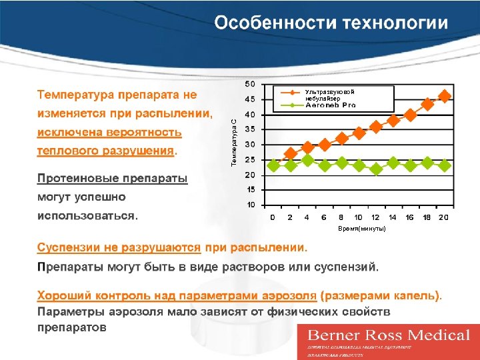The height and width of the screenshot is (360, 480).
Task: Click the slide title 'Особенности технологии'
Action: tap(331, 23)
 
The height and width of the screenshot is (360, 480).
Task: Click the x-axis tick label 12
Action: tap(375, 217)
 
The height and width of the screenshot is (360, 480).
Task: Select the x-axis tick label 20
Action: tap(444, 217)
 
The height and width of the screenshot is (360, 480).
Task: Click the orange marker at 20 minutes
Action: tap(445, 96)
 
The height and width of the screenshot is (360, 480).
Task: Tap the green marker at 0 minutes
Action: tap(273, 165)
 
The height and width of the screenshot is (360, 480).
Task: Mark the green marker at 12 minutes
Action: tap(376, 169)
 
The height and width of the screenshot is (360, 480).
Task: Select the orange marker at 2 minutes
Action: tap(291, 153)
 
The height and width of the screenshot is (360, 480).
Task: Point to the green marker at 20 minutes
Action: tap(445, 165)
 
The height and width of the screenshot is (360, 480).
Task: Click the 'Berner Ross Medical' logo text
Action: tap(388, 335)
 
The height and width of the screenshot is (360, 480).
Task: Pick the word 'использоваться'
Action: tap(86, 216)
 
